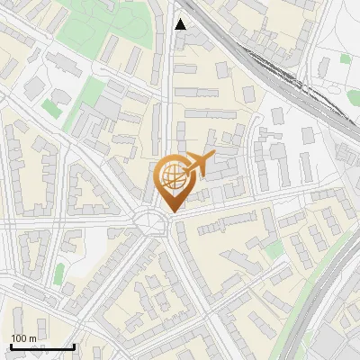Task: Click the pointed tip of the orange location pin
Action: (171, 211)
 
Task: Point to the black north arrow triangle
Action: (181, 24)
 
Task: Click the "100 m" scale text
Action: (23, 337)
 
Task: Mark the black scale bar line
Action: (42, 347)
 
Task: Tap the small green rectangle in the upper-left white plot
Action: (51, 108)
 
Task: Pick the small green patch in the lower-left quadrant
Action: (59, 274)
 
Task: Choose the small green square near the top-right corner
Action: (346, 58)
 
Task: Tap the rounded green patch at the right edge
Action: (354, 97)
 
